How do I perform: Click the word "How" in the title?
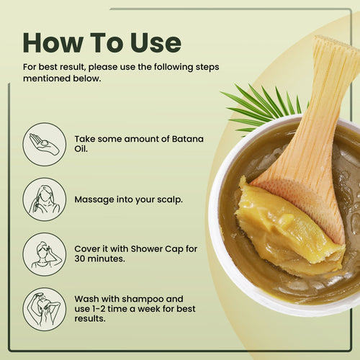53,42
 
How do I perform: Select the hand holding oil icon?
45,144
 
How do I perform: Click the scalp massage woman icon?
45,199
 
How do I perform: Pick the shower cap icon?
45,254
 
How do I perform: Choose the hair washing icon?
45,310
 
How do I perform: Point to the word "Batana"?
188,139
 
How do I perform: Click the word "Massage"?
94,199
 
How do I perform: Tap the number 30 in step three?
80,258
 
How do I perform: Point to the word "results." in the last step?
90,319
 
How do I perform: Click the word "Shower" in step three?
146,249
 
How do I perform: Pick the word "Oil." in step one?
81,149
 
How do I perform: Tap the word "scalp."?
170,199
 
